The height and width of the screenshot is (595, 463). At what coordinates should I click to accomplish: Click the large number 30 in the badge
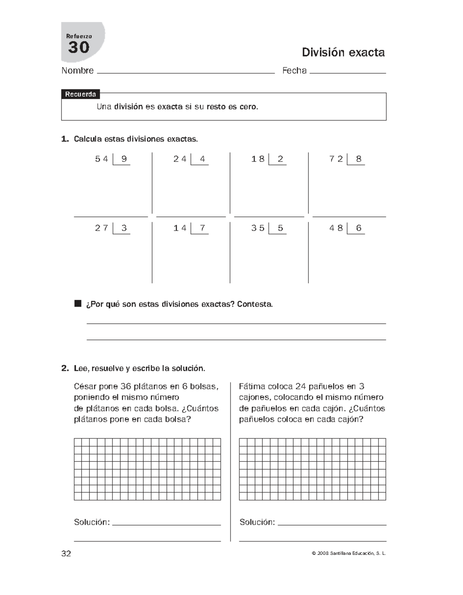click(79, 48)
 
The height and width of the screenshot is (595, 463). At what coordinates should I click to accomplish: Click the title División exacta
click(343, 52)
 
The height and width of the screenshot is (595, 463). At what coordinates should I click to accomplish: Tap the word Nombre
click(78, 71)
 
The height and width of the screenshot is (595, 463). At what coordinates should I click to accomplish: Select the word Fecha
click(294, 71)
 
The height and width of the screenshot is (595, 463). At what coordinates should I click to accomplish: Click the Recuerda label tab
click(80, 95)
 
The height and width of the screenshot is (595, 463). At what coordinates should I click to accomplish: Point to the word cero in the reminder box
click(248, 107)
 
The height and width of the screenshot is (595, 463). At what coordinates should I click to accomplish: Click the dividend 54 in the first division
click(101, 159)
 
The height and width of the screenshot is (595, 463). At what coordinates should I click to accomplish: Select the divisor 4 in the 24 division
click(203, 159)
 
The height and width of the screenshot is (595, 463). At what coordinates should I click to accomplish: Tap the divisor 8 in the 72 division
click(359, 159)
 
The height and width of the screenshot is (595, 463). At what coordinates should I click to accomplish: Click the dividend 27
click(101, 228)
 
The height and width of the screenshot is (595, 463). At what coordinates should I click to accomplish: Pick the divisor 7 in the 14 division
click(203, 228)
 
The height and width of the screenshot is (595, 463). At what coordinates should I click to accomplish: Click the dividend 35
click(258, 228)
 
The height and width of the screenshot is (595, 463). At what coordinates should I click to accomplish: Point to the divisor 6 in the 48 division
click(359, 228)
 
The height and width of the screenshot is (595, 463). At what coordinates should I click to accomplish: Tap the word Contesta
click(255, 304)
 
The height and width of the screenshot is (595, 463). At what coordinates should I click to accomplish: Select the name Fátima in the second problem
click(253, 386)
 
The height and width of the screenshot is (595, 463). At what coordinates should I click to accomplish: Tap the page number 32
click(66, 554)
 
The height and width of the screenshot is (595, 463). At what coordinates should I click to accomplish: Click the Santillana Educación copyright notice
click(348, 554)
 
